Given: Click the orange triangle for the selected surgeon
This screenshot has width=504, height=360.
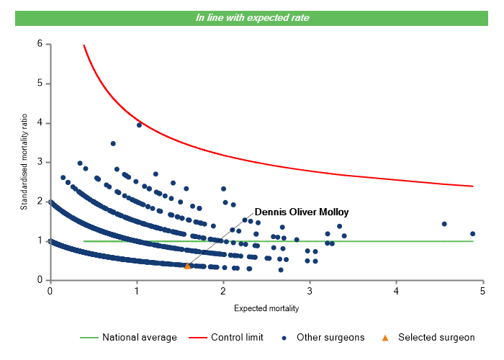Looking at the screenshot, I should pos(188,266).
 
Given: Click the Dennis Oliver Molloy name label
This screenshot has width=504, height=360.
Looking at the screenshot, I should pos(302,212).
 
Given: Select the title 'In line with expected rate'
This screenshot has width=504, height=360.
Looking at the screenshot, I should pos(252,17).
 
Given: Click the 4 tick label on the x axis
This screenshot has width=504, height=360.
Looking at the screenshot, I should pos(397,291).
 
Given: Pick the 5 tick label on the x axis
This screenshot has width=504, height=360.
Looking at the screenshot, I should pos(483,291).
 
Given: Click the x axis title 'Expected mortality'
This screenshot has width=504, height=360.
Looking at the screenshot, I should pos(266,308).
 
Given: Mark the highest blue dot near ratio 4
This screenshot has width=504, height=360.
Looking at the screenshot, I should pos(139,125).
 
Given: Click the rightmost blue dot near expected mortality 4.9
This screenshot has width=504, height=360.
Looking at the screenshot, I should pos(473,233).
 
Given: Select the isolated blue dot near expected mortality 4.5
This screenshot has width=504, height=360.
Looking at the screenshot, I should pos(444,224).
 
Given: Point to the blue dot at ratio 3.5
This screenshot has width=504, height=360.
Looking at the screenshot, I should pos(113,143).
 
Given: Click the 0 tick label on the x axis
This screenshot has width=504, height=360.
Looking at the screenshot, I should pos(50,291).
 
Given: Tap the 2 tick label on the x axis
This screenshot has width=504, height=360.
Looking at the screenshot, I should pos(223,291).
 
